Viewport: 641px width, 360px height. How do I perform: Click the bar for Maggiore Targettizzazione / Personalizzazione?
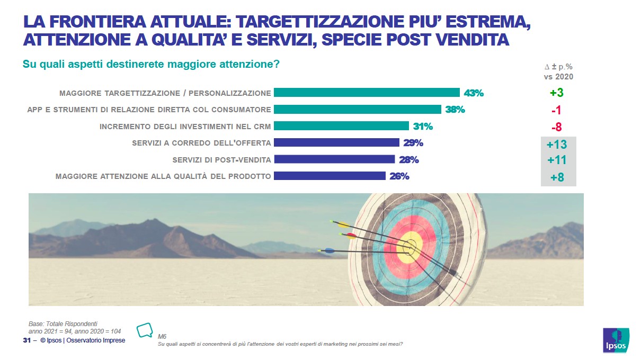tap(366, 93)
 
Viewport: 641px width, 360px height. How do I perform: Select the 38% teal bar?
tap(357, 110)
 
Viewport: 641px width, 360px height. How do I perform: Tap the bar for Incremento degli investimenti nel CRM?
tap(341, 126)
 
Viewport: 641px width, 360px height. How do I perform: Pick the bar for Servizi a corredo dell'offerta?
tap(336, 142)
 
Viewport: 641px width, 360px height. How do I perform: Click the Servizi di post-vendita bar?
tap(334, 159)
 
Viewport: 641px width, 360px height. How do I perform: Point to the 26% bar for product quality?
tap(330, 176)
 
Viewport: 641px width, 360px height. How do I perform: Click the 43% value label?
tap(474, 93)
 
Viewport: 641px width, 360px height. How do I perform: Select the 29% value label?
tap(413, 143)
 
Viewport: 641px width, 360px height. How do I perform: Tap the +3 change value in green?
tap(556, 93)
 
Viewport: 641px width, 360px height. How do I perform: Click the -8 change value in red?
tap(556, 127)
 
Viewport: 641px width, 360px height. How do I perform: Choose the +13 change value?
tap(556, 144)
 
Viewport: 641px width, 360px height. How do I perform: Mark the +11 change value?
tap(556, 160)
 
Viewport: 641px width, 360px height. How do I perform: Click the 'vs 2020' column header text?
tap(558, 76)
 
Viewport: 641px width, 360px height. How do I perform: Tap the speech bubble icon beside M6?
tap(145, 330)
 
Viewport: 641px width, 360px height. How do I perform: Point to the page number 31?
tap(26, 340)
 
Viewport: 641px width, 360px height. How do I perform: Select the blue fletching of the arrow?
tap(328, 250)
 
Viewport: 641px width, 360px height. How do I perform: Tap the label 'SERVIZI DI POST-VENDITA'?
tap(222, 160)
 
